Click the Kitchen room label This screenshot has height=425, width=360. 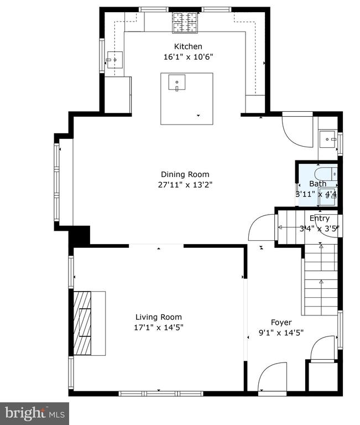tap(188, 46)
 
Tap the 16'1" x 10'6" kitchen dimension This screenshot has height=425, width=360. tap(188, 57)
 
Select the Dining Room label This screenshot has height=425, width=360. tap(185, 174)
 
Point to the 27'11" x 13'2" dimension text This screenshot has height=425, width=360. tap(185, 185)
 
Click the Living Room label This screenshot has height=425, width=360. tap(159, 317)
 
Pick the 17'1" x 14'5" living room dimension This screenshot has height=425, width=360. tap(159, 328)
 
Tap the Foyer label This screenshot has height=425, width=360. tap(281, 323)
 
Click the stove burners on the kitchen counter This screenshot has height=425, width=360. tap(185, 23)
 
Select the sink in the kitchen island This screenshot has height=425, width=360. tap(177, 82)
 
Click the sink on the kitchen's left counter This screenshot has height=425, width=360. tap(115, 60)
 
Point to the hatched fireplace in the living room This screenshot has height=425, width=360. tap(82, 323)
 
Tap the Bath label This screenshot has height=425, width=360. tap(317, 184)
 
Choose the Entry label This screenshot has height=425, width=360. tap(320, 218)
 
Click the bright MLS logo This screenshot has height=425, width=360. tap(34, 413)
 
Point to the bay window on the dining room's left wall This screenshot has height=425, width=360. tap(56, 182)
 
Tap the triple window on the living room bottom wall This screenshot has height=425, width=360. tap(161, 393)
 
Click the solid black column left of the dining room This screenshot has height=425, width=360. tap(80, 236)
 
